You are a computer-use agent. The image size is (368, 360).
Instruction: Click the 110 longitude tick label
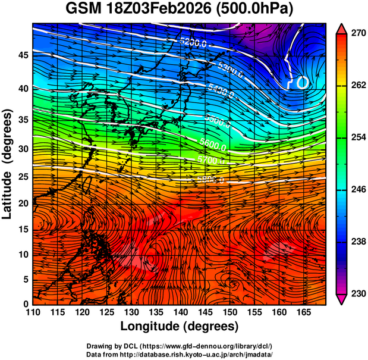33,312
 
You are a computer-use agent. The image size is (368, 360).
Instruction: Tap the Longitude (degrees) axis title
180,326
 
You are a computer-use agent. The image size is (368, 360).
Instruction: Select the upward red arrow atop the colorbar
341,29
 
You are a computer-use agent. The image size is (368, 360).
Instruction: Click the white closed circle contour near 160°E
302,83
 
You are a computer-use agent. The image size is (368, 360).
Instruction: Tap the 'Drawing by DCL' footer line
180,346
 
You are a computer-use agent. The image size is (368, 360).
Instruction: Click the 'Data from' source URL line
180,354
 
